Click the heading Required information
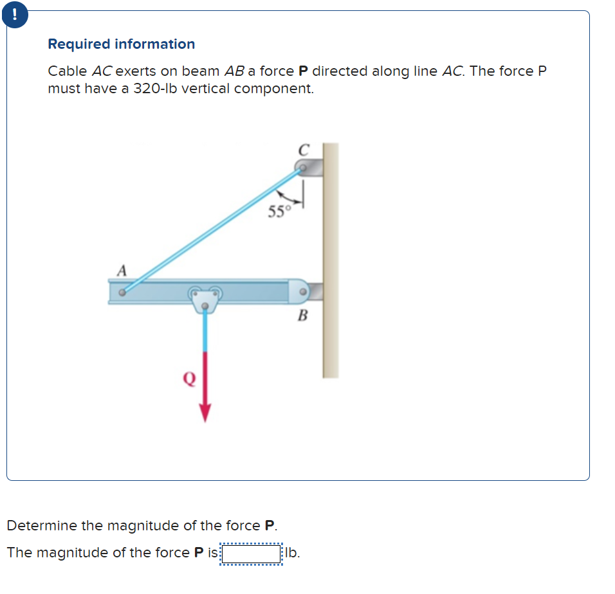pos(121,44)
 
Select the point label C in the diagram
pos(304,150)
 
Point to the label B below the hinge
pos(302,316)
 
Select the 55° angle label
pos(279,212)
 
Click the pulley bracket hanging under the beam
pos(205,299)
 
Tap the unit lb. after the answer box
pos(292,553)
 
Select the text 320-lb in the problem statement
pos(155,89)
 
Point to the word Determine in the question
pos(42,526)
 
